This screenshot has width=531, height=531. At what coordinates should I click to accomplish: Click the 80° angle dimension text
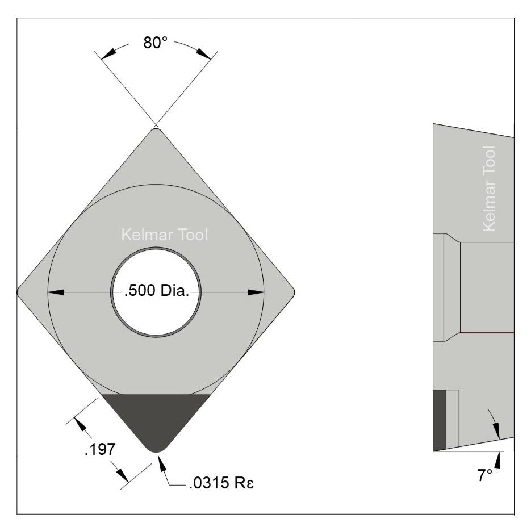[x=155, y=43]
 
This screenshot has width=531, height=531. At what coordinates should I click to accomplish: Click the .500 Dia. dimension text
[x=156, y=292]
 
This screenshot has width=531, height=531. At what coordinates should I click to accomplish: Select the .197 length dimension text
[x=100, y=450]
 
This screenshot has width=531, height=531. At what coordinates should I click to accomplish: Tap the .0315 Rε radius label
[x=218, y=485]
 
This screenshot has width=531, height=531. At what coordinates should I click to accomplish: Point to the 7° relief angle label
[x=484, y=475]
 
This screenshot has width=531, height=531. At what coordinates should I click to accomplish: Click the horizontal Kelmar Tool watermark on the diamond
[x=165, y=235]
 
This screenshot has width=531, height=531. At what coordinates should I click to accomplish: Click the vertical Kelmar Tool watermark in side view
[x=488, y=189]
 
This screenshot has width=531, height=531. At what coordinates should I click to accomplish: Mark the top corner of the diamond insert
[x=156, y=131]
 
